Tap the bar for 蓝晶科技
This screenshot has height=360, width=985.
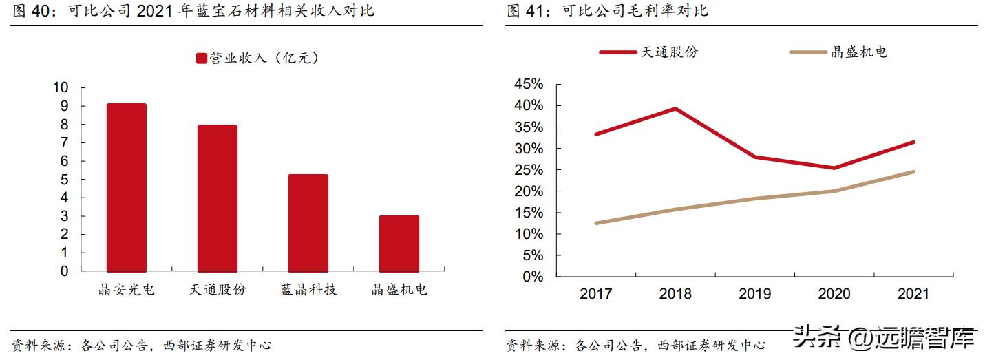click(308, 223)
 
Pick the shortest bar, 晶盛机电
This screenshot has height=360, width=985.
click(399, 244)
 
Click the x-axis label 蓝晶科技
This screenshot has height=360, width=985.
click(308, 290)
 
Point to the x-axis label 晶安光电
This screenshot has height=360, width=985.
click(127, 290)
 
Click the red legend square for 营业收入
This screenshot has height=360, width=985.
click(202, 59)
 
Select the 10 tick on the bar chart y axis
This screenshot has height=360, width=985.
click(60, 88)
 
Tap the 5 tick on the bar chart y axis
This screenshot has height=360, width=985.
click(64, 180)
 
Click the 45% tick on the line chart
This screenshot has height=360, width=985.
click(528, 85)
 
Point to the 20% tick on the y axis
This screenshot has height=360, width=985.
click(528, 191)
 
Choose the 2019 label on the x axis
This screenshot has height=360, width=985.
click(754, 294)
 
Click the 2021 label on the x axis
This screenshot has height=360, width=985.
click(913, 294)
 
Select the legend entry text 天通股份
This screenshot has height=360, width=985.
click(669, 52)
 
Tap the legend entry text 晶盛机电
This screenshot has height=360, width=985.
click(859, 52)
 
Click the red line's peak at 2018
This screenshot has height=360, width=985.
click(675, 109)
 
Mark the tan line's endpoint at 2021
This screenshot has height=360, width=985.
click(913, 171)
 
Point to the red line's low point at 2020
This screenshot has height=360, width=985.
click(834, 168)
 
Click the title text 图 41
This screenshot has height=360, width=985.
click(529, 11)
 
